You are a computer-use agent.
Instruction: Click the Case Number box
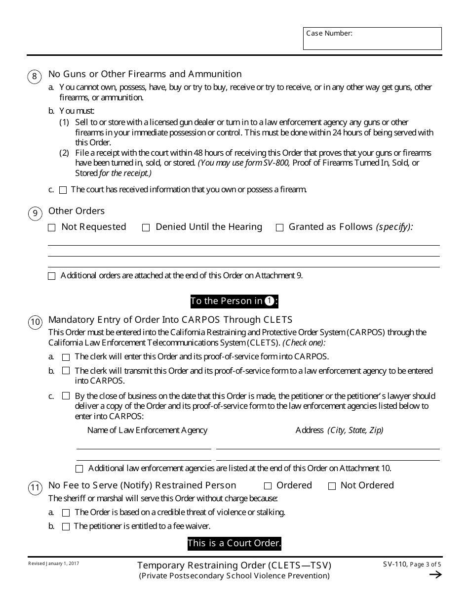coord(372,39)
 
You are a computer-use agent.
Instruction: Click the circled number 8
coord(34,76)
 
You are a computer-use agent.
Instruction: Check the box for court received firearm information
coord(63,190)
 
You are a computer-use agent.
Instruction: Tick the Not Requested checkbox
coord(52,228)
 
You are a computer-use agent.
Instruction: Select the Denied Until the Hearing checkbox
coord(146,228)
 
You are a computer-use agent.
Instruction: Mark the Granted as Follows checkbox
coord(279,228)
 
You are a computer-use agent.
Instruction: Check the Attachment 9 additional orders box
coord(52,276)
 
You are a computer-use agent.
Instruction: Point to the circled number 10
coord(35,322)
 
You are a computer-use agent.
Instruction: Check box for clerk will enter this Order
coord(66,357)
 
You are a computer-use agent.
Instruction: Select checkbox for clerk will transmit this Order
coord(66,371)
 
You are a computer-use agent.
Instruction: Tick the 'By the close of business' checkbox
coord(66,396)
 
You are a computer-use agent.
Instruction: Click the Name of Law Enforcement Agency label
coord(147,430)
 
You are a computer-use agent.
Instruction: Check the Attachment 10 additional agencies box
coord(79,469)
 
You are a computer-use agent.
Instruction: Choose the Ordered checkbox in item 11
coord(268,486)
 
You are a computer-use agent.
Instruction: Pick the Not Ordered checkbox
coord(332,486)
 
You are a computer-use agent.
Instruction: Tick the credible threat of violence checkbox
coord(66,513)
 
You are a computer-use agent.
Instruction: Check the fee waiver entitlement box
coord(66,527)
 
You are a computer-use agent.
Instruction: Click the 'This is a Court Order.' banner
coord(234,544)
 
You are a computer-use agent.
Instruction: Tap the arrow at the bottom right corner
coord(435,574)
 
